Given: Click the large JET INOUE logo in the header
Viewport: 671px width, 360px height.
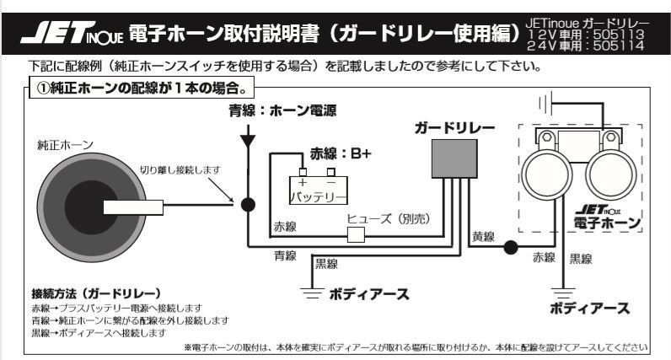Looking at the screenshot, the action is pyautogui.click(x=72, y=33).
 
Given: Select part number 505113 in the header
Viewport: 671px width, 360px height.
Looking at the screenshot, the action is pyautogui.click(x=619, y=34).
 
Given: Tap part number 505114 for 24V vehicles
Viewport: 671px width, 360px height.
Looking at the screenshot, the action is pyautogui.click(x=619, y=46).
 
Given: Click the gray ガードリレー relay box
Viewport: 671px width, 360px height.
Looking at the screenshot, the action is pyautogui.click(x=454, y=159).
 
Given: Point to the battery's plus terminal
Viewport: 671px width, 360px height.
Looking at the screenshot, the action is pyautogui.click(x=303, y=172).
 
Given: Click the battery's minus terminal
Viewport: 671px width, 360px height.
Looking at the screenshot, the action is pyautogui.click(x=330, y=172).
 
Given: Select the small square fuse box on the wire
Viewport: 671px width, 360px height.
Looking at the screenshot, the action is pyautogui.click(x=356, y=234).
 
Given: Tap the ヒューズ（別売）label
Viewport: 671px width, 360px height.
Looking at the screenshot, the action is pyautogui.click(x=389, y=218).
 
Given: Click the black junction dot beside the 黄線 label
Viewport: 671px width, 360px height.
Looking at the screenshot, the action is pyautogui.click(x=510, y=247).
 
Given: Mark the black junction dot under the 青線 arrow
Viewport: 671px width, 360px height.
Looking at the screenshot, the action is pyautogui.click(x=248, y=205).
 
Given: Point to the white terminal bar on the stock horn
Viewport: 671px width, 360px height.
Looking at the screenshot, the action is pyautogui.click(x=133, y=207).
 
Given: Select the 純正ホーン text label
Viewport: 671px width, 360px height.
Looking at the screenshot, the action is pyautogui.click(x=65, y=145).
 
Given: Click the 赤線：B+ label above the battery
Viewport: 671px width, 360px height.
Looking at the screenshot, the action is pyautogui.click(x=341, y=153).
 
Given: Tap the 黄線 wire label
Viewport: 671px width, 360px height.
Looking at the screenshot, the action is pyautogui.click(x=484, y=236).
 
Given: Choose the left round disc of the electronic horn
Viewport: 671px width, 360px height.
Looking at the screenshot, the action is pyautogui.click(x=547, y=175).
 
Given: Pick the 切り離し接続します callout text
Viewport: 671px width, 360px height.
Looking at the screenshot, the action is pyautogui.click(x=180, y=170).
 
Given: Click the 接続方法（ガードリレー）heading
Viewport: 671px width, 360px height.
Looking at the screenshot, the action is pyautogui.click(x=96, y=293).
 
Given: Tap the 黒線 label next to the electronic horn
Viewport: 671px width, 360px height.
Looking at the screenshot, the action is pyautogui.click(x=581, y=259).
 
